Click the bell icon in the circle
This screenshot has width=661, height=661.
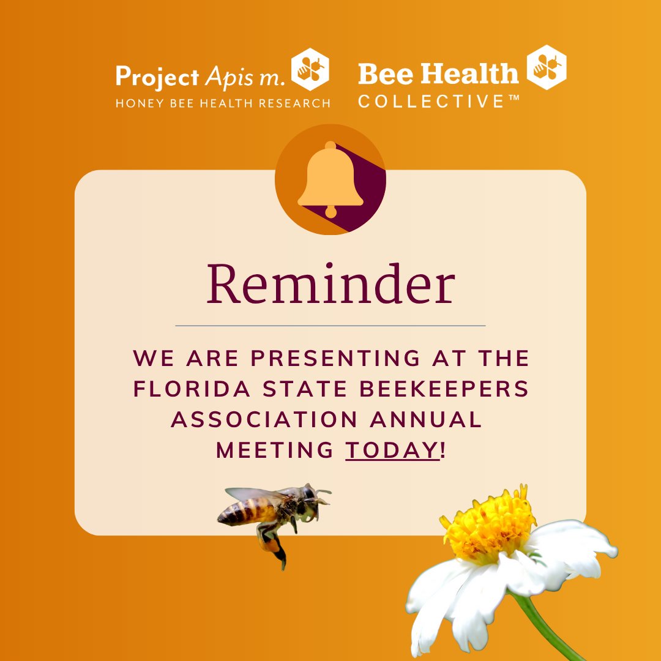pos(330,179)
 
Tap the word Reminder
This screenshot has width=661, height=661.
pos(330,285)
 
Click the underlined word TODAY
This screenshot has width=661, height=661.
pos(392,450)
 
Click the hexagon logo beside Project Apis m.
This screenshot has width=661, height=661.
pos(309,69)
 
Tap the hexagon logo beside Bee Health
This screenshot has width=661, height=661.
pos(546,67)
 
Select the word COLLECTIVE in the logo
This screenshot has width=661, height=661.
pos(431,102)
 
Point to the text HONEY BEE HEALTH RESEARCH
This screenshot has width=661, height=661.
pos(223,102)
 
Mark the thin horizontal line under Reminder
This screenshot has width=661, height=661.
pos(330,326)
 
